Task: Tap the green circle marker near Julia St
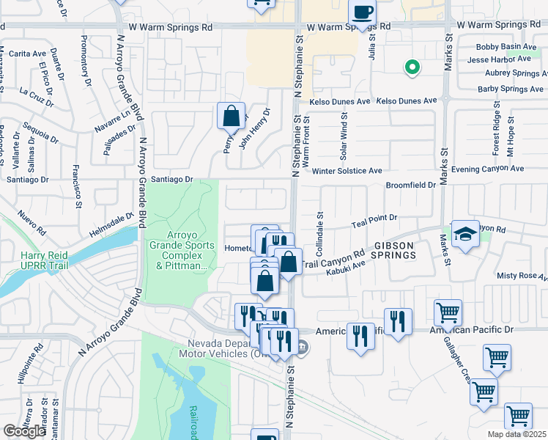click(412, 67)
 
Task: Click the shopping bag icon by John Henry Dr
click(231, 117)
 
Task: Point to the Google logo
click(24, 431)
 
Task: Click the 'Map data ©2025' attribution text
click(516, 434)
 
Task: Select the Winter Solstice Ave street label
click(347, 171)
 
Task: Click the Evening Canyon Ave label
click(487, 169)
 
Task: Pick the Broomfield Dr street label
click(410, 186)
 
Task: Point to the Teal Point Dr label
click(374, 218)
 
